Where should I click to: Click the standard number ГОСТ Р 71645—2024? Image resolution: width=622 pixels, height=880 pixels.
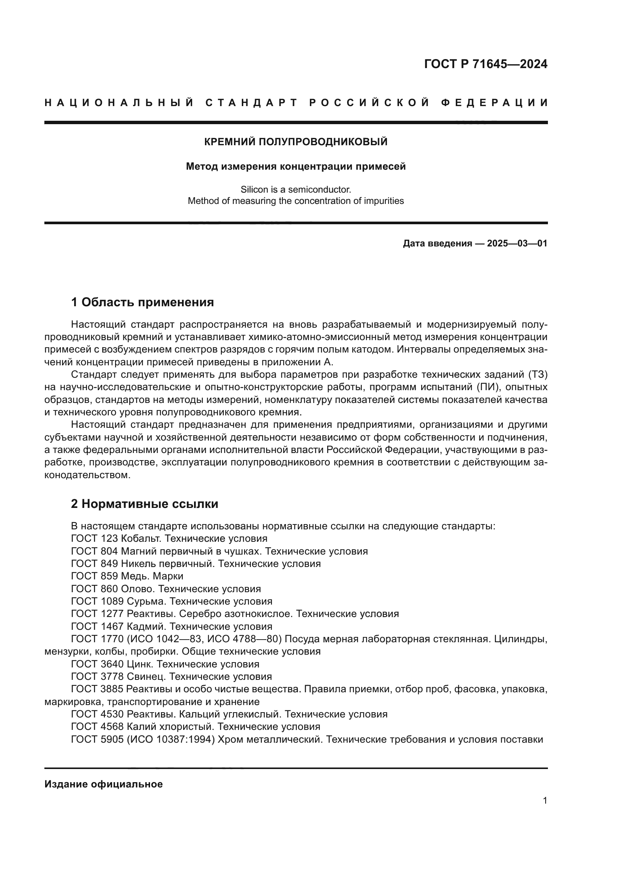pyautogui.click(x=485, y=64)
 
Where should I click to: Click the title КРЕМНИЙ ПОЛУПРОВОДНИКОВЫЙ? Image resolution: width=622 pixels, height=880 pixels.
pyautogui.click(x=296, y=142)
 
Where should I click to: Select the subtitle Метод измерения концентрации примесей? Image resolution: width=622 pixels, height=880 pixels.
pyautogui.click(x=296, y=166)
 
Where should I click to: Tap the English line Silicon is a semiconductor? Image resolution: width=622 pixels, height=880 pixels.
pyautogui.click(x=296, y=189)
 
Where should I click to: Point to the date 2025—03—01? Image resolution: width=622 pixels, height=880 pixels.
pyautogui.click(x=517, y=243)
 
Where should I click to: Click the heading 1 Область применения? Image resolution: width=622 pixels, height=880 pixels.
pyautogui.click(x=143, y=302)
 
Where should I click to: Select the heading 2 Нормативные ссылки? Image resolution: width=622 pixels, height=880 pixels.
pyautogui.click(x=144, y=504)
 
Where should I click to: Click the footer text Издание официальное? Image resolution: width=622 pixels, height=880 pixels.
pyautogui.click(x=103, y=784)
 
